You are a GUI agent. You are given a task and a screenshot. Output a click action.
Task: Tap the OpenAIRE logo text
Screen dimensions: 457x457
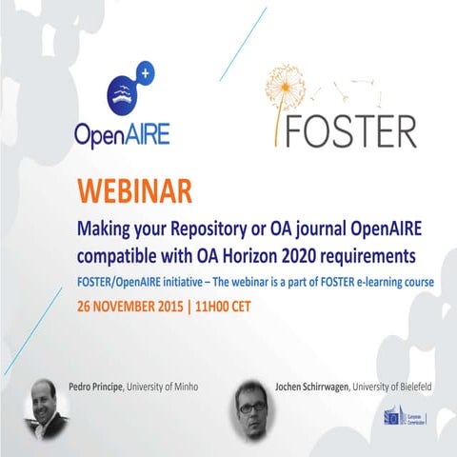122,133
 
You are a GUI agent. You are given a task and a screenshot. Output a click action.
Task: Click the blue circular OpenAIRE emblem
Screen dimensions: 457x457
124,89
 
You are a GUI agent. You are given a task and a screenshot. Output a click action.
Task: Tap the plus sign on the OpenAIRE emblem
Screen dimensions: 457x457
144,70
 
